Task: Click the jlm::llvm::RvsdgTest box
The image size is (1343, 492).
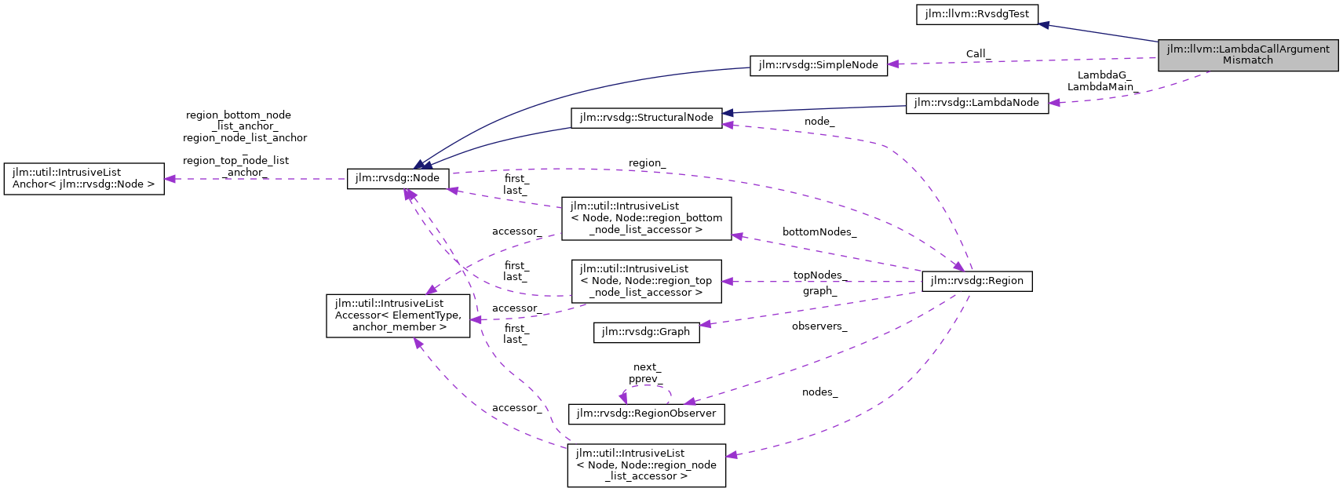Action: click(976, 14)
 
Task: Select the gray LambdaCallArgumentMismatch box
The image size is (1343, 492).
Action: click(1247, 54)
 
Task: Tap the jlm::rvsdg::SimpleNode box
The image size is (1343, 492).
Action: click(818, 65)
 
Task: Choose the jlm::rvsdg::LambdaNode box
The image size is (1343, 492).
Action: click(976, 103)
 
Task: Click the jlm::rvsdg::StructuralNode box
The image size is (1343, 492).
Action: click(646, 118)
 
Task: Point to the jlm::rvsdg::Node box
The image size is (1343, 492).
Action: click(397, 178)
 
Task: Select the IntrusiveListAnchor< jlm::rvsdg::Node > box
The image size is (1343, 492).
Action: click(84, 178)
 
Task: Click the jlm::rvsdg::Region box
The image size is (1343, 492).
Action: click(976, 281)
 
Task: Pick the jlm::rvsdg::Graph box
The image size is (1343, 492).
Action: click(646, 332)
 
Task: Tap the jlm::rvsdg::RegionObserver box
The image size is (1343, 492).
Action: click(646, 414)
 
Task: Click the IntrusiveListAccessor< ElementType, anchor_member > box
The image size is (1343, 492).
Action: click(398, 315)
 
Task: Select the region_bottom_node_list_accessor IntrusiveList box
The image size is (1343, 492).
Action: click(646, 218)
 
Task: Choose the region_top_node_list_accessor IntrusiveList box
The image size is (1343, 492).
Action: click(646, 281)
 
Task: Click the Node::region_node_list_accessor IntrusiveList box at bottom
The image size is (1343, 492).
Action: click(646, 465)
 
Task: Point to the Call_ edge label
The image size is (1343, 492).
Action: click(978, 54)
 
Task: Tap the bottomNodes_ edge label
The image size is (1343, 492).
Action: click(819, 232)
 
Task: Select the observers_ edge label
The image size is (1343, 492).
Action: click(819, 326)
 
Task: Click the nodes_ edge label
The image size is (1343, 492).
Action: click(819, 392)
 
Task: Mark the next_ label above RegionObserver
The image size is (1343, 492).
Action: click(647, 367)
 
